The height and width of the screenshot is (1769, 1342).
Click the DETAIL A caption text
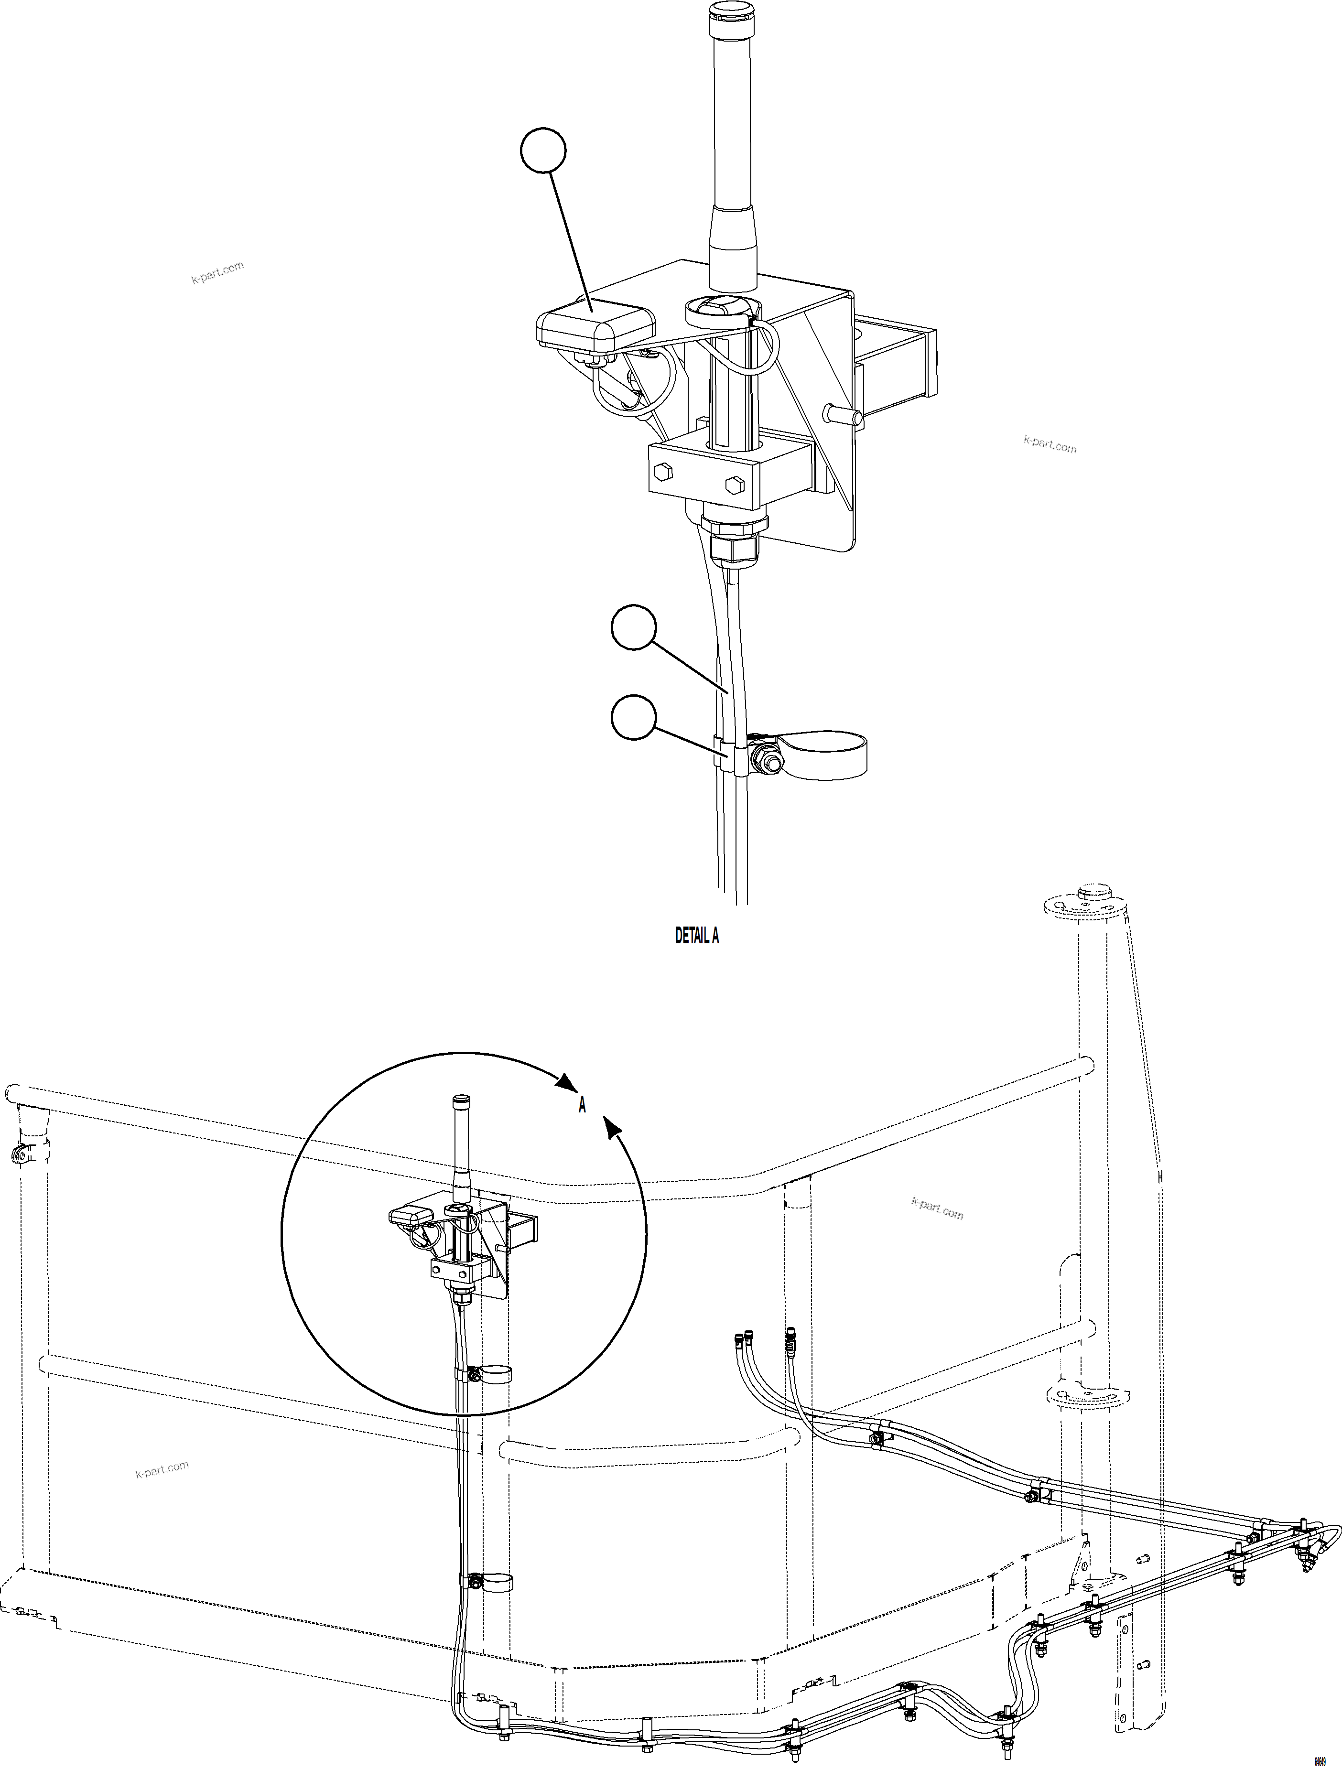[697, 936]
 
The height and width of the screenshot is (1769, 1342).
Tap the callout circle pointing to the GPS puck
[543, 151]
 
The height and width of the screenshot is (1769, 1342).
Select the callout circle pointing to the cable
[633, 628]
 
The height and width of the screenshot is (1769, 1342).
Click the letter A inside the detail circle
[582, 1105]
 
